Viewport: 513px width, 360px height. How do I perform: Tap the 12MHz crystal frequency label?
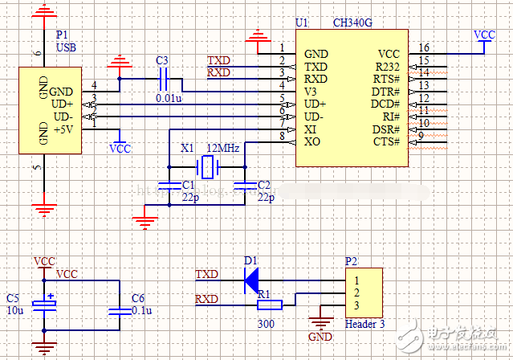(222, 149)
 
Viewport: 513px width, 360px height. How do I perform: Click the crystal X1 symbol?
(209, 167)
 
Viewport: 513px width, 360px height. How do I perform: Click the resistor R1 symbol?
(268, 305)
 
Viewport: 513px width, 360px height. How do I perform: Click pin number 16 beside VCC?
(424, 48)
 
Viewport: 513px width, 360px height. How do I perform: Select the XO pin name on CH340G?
(313, 142)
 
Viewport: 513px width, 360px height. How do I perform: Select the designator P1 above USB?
(62, 36)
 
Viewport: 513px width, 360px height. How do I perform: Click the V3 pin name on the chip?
(311, 92)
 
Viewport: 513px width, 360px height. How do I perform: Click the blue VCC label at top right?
(485, 35)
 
